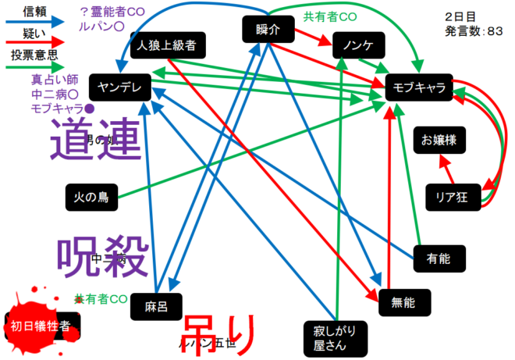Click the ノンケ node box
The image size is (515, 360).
(357, 46)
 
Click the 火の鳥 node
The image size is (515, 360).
(91, 197)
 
